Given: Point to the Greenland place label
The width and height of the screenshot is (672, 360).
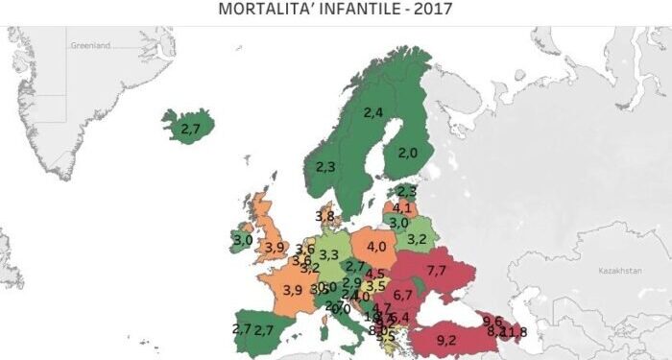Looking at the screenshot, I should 91,45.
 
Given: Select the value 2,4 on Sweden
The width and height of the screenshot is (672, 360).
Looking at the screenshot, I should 373,112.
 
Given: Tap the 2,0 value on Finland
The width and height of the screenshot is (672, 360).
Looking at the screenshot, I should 408,153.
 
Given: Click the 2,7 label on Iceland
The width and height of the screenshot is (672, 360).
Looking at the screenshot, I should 190,128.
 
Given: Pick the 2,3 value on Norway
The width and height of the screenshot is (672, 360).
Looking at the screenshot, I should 324,166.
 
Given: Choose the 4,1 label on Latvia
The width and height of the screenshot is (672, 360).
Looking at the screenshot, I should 403,207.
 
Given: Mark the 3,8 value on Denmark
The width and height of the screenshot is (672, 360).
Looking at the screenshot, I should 324,216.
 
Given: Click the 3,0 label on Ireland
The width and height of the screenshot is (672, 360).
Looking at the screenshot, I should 242,240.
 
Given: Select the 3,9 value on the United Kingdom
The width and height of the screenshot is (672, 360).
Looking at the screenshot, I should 275,247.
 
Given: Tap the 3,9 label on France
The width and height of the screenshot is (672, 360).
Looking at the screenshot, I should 292,290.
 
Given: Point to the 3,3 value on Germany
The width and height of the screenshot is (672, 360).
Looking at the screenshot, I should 328,254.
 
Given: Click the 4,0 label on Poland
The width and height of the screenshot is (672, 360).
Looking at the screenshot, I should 377,247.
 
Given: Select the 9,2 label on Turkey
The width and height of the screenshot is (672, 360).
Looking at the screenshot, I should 446,339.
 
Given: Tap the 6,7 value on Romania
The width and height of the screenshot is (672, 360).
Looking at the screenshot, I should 402,295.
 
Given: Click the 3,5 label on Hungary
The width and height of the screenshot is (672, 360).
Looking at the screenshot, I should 376,286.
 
